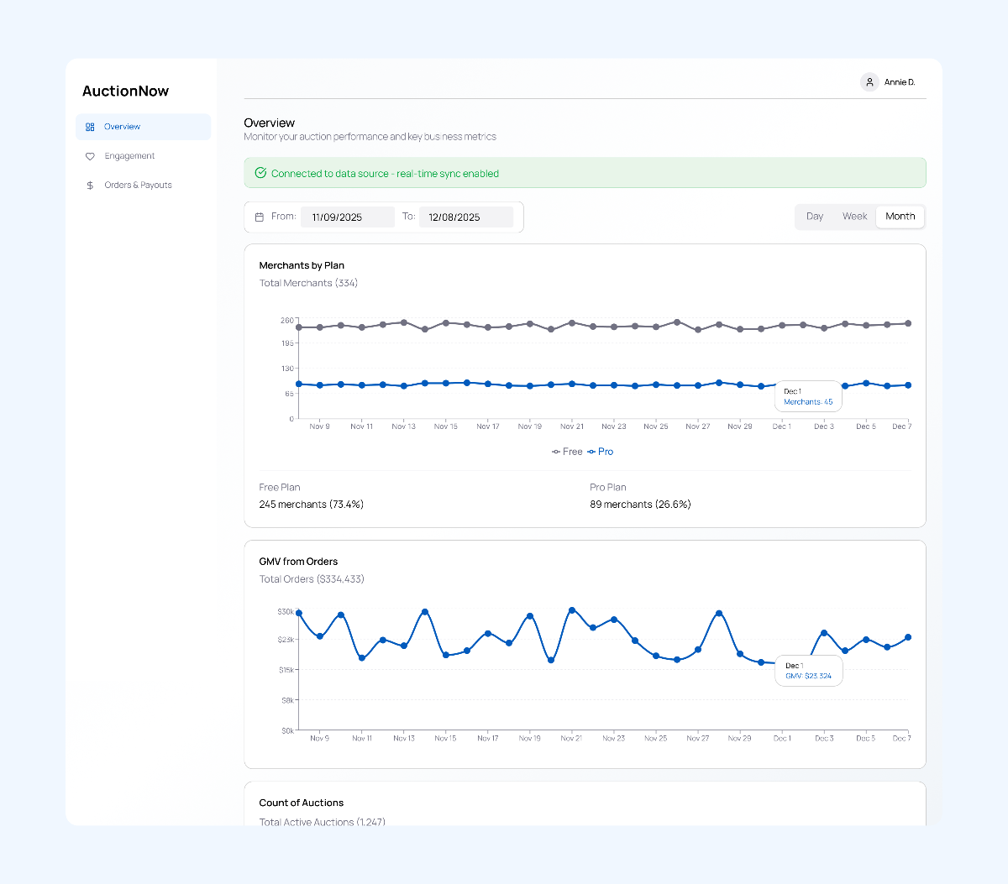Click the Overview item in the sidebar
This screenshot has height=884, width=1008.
pos(122,127)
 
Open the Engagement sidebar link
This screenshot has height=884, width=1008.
pos(129,156)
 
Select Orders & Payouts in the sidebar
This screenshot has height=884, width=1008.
pos(138,186)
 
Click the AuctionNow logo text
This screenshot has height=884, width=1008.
pos(125,92)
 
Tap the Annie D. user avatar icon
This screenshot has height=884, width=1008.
pos(869,82)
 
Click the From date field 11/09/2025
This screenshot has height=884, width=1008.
pos(347,217)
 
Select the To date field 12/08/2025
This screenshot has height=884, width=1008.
pos(465,217)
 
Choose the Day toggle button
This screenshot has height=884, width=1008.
pos(815,217)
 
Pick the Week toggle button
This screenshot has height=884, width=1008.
pos(854,217)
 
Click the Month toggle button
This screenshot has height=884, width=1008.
pos(900,217)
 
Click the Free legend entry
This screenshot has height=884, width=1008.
pos(567,452)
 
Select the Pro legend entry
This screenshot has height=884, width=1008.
pos(601,452)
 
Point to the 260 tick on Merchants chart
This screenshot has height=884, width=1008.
pos(287,321)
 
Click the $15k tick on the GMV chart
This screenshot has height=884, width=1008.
pos(286,670)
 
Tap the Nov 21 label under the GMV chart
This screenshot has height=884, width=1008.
pos(571,739)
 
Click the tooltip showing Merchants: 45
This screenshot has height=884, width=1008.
pos(808,397)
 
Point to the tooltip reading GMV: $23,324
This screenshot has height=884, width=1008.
pos(808,671)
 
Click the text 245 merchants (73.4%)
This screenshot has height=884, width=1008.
pos(311,505)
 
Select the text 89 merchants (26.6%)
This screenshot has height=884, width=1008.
pos(640,505)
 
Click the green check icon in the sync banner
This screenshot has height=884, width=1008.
pos(260,173)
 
